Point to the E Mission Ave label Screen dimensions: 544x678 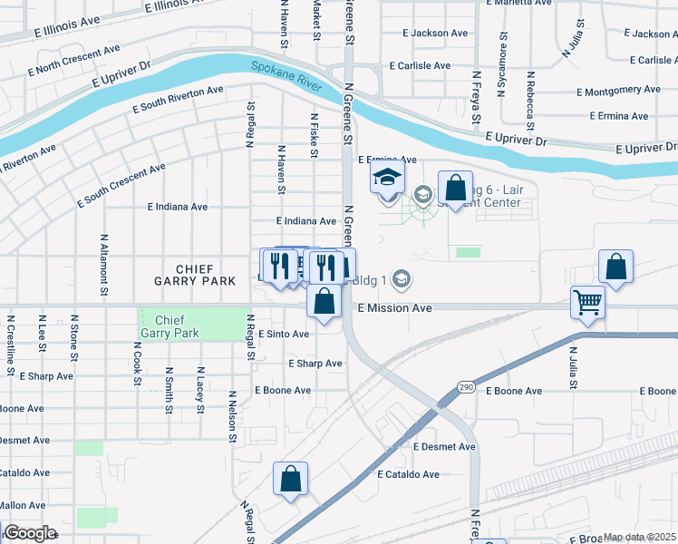click(394, 308)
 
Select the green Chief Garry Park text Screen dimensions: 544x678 click(177, 326)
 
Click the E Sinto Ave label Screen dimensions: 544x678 click(284, 334)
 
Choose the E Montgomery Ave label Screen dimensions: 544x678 click(618, 91)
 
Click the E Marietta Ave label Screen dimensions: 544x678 click(518, 3)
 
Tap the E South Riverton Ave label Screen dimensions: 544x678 click(178, 100)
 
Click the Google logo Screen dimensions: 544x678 click(30, 533)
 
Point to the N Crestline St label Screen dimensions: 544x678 click(11, 345)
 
